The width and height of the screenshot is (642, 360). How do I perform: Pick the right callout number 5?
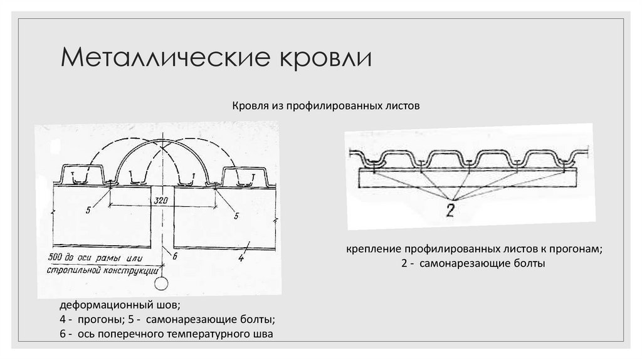click(x=237, y=215)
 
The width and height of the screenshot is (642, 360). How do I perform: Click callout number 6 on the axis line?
click(x=176, y=255)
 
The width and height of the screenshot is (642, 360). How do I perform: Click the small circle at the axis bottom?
click(x=162, y=283)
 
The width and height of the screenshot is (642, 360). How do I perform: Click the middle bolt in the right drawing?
click(x=468, y=164)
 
